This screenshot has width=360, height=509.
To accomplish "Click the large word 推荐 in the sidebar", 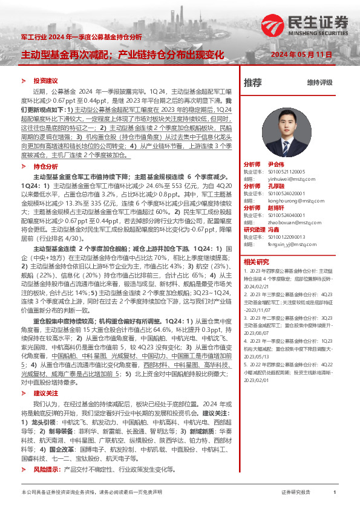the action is coord(252,83).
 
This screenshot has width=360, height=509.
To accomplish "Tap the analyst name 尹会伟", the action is coord(276,164).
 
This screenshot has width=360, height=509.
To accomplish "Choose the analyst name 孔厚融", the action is coord(276,186).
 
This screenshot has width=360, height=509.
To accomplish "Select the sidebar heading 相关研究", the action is coord(256,262).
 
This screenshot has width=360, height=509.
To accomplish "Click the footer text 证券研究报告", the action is coord(296,493).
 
